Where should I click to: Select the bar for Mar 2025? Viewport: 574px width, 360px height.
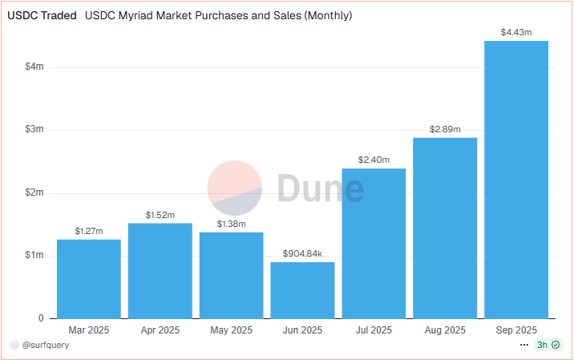pos(89,278)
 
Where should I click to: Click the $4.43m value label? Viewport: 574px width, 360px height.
pos(516,32)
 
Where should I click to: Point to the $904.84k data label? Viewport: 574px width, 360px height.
pos(302,253)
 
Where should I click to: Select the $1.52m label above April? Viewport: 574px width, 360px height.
pos(160,215)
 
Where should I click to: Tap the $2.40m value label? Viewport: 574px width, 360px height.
pos(374,160)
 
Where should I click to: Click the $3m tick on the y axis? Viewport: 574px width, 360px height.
pos(34,130)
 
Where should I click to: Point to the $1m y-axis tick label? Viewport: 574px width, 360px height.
pos(34,256)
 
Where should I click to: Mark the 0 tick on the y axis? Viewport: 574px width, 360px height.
pos(41,318)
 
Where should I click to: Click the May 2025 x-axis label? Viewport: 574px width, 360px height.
pos(231,330)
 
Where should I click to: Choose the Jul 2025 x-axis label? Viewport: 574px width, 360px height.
pos(374,330)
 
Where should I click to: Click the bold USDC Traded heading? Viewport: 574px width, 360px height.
pos(42,15)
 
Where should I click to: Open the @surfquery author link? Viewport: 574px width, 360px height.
pos(45,345)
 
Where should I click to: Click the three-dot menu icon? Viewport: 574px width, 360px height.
pos(524,345)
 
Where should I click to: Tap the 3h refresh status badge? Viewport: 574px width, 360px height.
pos(548,345)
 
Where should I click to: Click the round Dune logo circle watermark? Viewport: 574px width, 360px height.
pos(235,188)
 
